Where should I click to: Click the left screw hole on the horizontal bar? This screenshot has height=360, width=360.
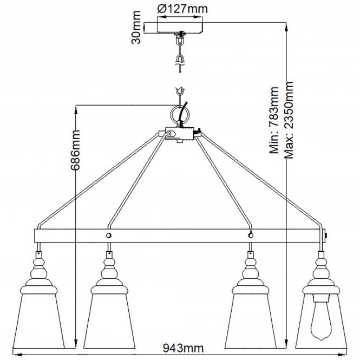(x=109, y=236)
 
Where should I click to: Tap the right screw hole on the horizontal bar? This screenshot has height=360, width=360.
(x=250, y=235)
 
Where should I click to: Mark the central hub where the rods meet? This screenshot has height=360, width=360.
(x=179, y=134)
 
